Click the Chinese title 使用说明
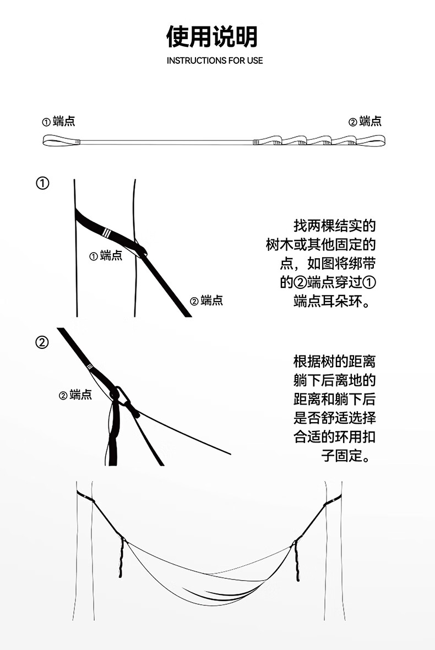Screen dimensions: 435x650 pos(212,37)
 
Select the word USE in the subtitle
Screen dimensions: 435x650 pos(255,61)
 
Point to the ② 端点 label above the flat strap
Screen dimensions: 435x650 pos(365,122)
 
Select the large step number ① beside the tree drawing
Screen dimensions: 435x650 pos(42,183)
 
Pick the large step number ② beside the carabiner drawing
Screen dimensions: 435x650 pos(42,342)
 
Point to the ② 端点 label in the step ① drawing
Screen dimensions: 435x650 pos(206,301)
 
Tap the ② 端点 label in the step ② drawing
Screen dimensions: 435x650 pos(75,395)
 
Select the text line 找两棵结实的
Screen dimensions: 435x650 pos(334,226)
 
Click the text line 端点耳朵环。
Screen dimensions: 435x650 pos(334,302)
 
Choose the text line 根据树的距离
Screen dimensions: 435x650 pos(334,362)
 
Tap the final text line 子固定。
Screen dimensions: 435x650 pos(349,456)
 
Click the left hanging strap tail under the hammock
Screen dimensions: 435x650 pos(120,559)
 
